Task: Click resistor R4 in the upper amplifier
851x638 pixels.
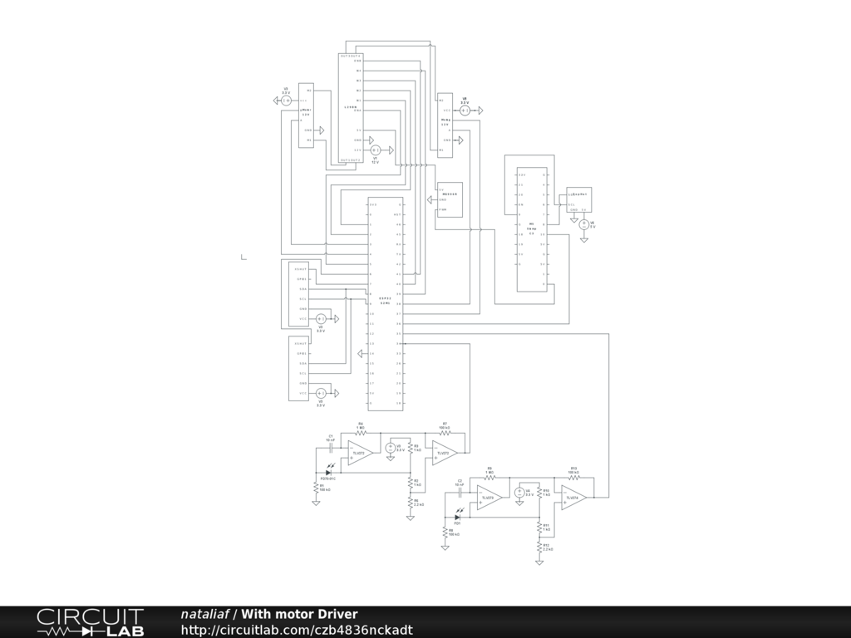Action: pos(361,434)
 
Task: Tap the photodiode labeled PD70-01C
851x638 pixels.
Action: pos(330,472)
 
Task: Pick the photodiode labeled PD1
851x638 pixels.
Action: pos(457,517)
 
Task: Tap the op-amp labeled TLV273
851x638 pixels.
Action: pos(444,453)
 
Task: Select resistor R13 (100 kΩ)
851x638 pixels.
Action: pos(573,478)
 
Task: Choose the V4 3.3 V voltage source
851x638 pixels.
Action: pos(519,493)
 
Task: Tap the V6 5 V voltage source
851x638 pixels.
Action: pos(583,224)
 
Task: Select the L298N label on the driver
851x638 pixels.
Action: pos(351,107)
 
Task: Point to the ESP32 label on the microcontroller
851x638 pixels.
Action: pos(385,298)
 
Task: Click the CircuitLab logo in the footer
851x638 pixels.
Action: pos(90,622)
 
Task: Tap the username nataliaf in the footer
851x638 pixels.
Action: pos(204,614)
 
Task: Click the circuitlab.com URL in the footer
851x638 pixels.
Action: pos(296,631)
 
